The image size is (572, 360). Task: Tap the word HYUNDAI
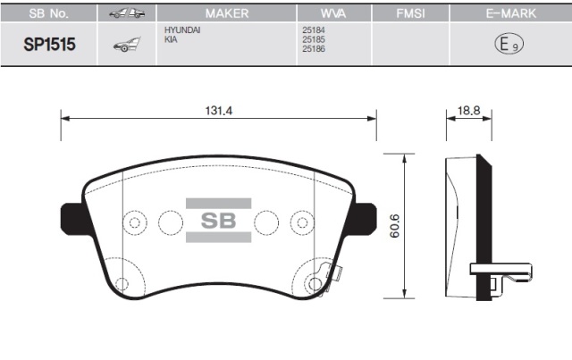click(x=181, y=31)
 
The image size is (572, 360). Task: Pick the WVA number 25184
click(x=314, y=31)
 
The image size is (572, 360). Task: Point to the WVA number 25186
click(x=314, y=51)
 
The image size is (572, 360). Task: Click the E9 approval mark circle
click(x=505, y=44)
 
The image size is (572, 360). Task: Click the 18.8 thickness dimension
click(x=468, y=110)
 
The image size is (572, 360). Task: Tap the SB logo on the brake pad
click(x=218, y=221)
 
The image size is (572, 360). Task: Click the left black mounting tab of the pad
click(x=72, y=217)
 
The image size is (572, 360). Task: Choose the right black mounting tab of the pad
click(x=365, y=217)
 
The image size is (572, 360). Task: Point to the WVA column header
click(x=325, y=15)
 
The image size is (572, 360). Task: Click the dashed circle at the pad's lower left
click(x=123, y=283)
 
